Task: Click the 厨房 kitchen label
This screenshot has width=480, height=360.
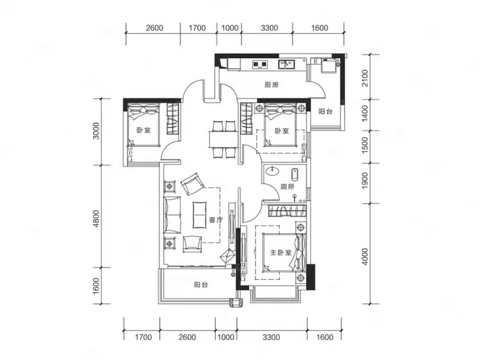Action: (272, 85)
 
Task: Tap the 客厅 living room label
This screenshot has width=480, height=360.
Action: (216, 219)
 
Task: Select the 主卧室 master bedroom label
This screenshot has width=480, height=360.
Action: (281, 253)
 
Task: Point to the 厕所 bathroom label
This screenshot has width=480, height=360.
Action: (288, 186)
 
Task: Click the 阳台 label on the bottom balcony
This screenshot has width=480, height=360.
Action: (201, 285)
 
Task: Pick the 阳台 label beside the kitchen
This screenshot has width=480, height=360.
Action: (325, 111)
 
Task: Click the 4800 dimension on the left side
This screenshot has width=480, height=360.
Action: (97, 218)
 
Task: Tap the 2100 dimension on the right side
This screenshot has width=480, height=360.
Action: (365, 78)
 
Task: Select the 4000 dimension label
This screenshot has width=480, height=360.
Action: (365, 257)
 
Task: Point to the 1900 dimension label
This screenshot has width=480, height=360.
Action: (365, 180)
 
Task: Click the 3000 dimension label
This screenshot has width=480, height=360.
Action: (97, 131)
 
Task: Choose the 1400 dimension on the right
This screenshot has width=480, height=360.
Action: (365, 113)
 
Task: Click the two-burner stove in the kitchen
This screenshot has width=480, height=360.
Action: (260, 64)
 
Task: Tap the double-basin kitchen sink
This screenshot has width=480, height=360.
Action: (286, 64)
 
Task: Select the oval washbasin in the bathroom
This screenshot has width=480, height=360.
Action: (272, 172)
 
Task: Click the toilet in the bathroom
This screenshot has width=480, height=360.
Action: (295, 174)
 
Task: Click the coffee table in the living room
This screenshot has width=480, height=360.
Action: (199, 215)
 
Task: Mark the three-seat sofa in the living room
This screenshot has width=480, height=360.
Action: (172, 215)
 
